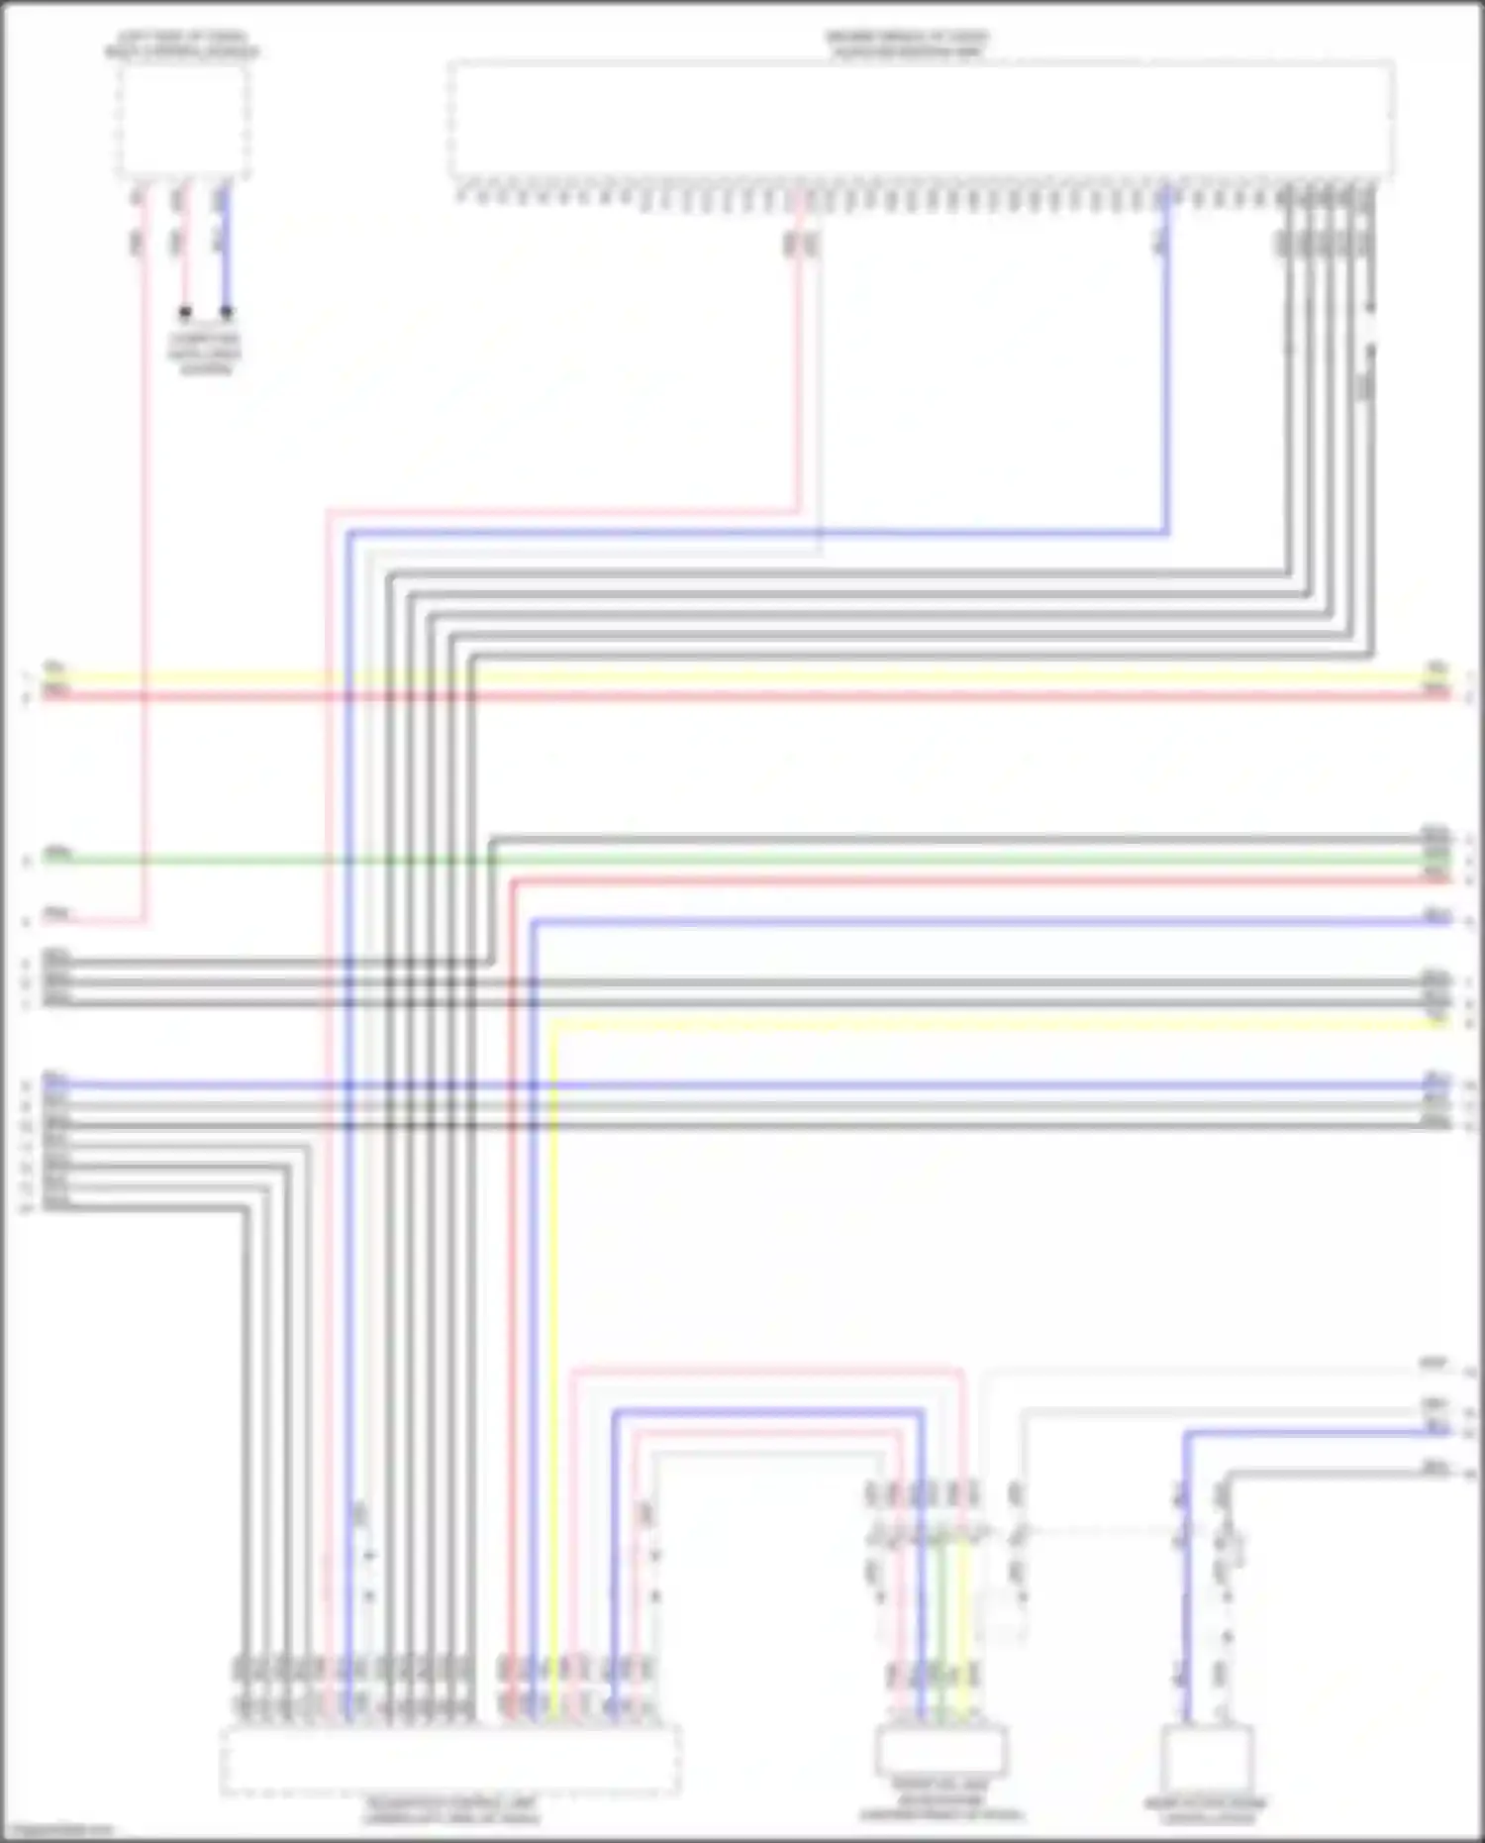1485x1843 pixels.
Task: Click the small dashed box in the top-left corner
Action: point(183,121)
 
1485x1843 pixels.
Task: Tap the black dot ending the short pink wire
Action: point(185,313)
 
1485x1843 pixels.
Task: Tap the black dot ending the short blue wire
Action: point(227,313)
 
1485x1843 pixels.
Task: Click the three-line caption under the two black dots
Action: point(205,355)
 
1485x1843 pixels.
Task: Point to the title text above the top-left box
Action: point(182,45)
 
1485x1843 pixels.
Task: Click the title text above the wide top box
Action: point(907,45)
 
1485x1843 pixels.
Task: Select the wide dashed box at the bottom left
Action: point(449,1760)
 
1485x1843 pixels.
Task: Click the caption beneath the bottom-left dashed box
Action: point(450,1810)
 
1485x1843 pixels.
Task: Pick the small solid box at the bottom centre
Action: point(940,1751)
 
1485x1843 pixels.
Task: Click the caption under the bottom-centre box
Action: point(940,1808)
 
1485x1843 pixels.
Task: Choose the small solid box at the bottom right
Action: point(1208,1758)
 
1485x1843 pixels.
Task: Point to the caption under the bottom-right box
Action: point(1206,1810)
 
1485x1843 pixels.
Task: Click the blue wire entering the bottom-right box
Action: point(1187,1585)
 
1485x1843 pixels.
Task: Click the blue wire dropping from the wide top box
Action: point(1166,396)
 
